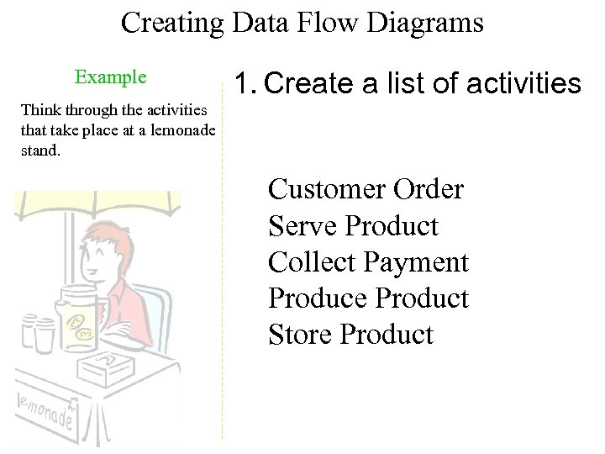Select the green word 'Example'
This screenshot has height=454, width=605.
click(110, 77)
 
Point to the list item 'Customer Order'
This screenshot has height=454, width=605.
click(366, 190)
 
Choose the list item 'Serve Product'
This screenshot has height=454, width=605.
click(353, 226)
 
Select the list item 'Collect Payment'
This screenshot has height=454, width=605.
click(368, 262)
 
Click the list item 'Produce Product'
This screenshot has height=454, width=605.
click(368, 298)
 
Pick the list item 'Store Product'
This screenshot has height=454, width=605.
click(350, 335)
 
